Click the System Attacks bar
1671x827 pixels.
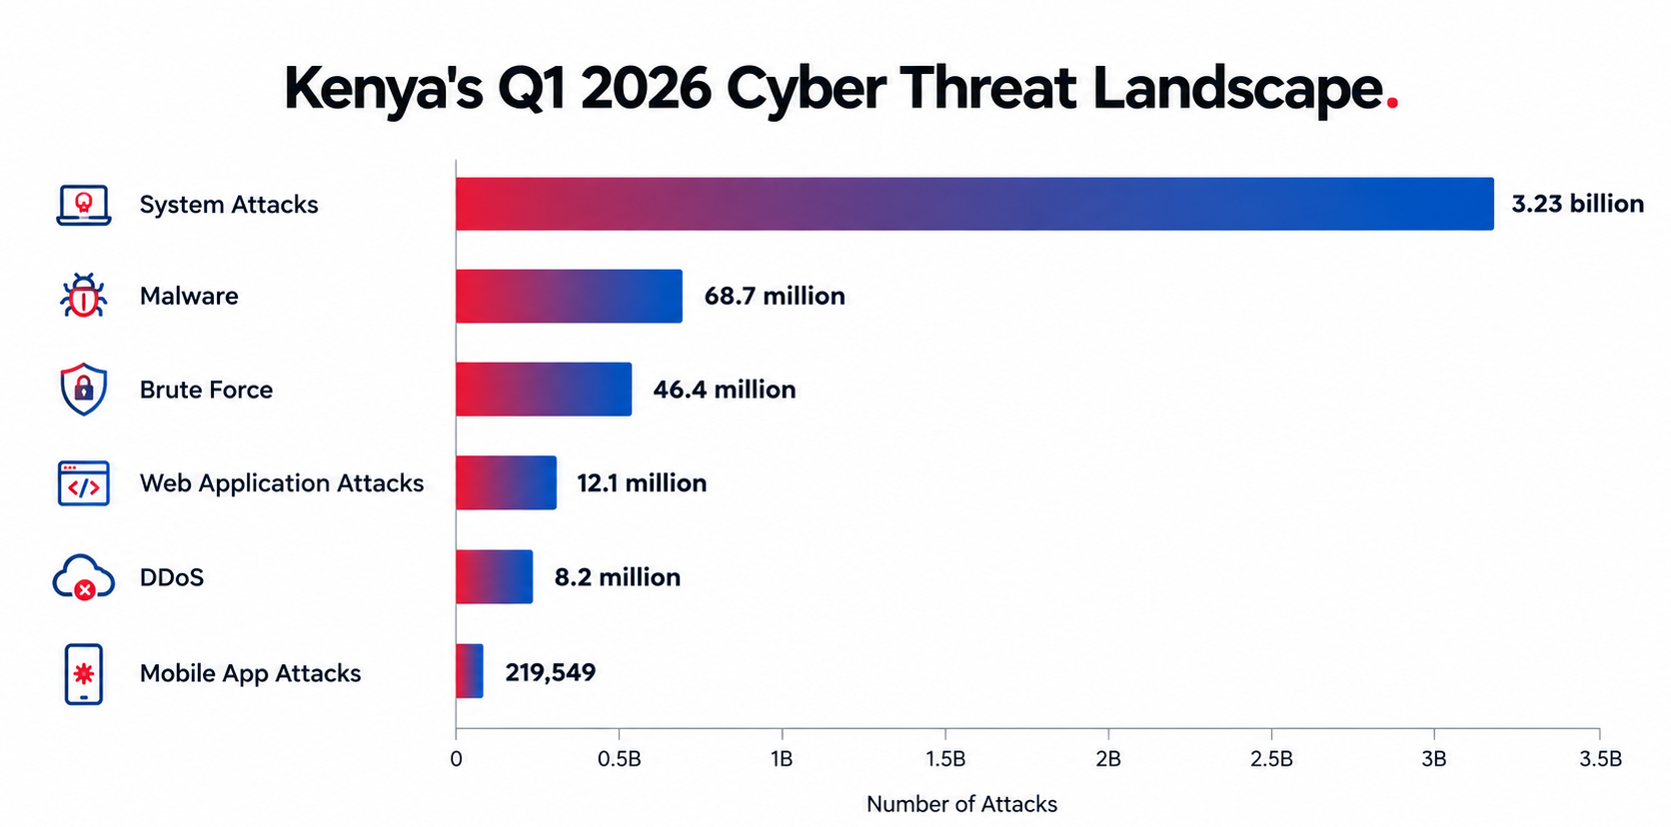[975, 204]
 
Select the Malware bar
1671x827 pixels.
[570, 296]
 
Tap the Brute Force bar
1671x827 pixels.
[544, 390]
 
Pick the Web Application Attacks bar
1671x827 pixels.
[507, 482]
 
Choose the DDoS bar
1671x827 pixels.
[495, 576]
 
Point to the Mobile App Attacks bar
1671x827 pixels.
[470, 671]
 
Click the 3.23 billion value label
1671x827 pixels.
[1578, 204]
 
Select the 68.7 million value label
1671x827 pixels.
[775, 296]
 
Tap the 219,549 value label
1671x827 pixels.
[551, 672]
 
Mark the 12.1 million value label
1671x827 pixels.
[642, 483]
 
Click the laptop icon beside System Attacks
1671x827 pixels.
[84, 205]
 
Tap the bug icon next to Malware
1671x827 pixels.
[84, 296]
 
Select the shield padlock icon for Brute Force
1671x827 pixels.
[84, 389]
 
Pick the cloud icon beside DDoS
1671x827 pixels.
[84, 577]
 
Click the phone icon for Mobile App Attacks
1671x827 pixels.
[84, 674]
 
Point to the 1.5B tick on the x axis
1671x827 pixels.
[945, 732]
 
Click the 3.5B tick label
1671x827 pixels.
[1601, 759]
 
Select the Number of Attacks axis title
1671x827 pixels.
[961, 804]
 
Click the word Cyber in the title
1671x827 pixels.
[807, 90]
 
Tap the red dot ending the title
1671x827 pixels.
[1392, 105]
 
